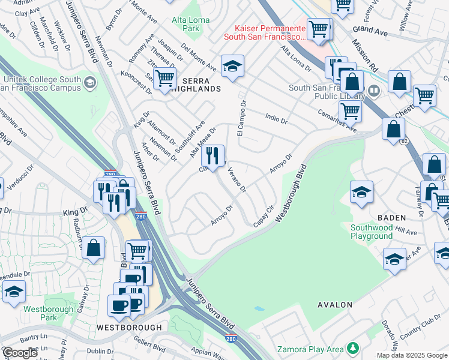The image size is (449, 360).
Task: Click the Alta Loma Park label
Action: click(x=191, y=24)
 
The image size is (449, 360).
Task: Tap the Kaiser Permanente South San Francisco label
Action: click(x=265, y=32)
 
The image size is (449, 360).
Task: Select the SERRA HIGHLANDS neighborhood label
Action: click(x=193, y=88)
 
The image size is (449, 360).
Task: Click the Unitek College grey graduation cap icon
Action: click(x=90, y=82)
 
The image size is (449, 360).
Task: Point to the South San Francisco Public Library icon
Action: click(x=374, y=91)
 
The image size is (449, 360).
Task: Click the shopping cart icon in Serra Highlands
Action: click(x=164, y=79)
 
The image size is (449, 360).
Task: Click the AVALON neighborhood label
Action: click(x=335, y=305)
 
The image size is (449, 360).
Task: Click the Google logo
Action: click(x=20, y=353)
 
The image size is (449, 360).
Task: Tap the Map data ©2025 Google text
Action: click(x=412, y=355)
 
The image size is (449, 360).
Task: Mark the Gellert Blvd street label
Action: click(x=151, y=347)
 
